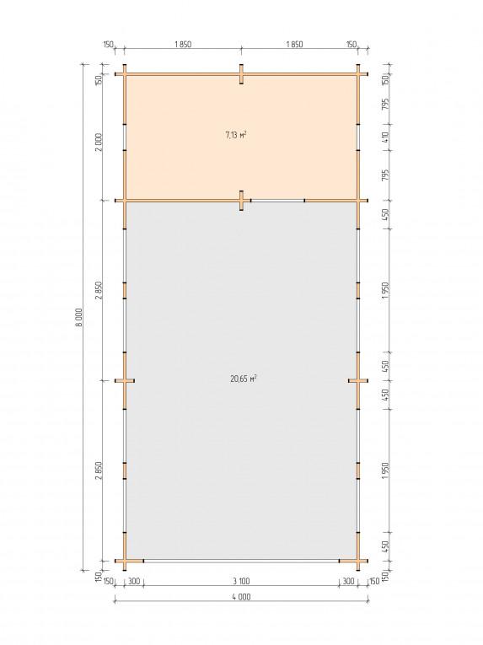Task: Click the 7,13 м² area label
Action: coord(236,135)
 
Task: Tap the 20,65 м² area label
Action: coord(244,378)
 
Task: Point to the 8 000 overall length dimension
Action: coord(78,317)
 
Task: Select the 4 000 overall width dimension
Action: coord(241,596)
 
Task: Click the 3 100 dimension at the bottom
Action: coord(241,581)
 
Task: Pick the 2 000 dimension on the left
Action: coord(99,142)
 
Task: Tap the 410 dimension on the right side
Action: coord(385,137)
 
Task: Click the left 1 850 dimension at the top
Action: coord(183,45)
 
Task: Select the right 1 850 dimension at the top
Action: coord(294,45)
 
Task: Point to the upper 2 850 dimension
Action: coord(99,290)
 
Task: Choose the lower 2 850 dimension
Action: coord(99,470)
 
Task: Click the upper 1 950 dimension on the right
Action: coord(385,290)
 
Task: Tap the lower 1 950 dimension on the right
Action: coord(385,470)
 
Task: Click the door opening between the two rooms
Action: coord(277,201)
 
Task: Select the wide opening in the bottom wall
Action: coord(241,560)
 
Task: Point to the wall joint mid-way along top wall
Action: coord(241,74)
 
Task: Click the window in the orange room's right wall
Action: coord(358,137)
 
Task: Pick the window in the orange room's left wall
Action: coord(124,137)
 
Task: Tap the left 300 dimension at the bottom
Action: coord(134,581)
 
